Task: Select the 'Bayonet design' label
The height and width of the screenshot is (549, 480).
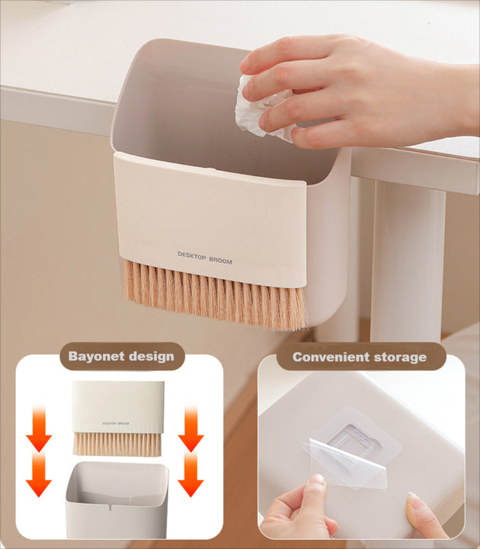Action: tap(121, 355)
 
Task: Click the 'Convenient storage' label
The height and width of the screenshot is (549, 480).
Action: tap(360, 356)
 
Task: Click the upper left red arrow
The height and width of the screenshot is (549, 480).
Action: tap(39, 432)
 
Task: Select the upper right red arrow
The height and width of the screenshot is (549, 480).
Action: tap(190, 431)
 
